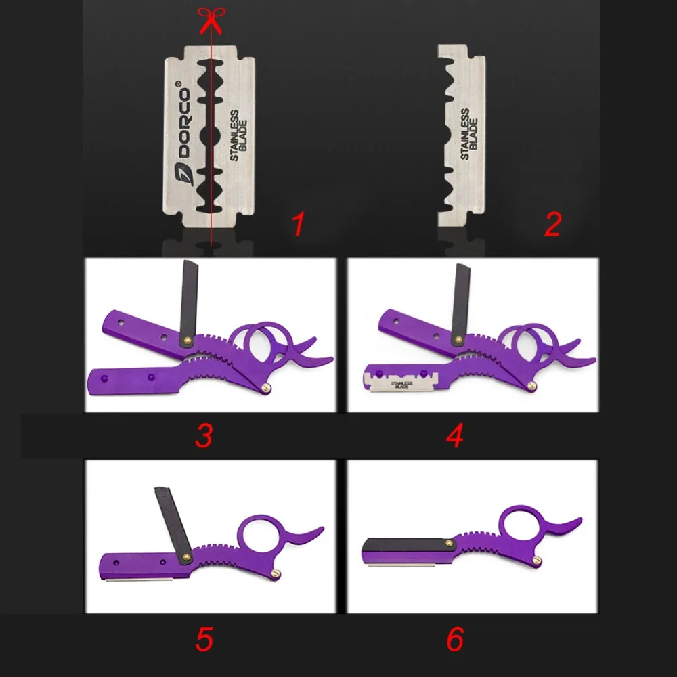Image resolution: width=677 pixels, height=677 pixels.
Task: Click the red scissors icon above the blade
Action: pyautogui.click(x=211, y=18)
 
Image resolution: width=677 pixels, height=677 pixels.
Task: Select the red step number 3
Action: pyautogui.click(x=204, y=435)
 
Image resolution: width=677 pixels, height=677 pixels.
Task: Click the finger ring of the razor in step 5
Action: pyautogui.click(x=259, y=535)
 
